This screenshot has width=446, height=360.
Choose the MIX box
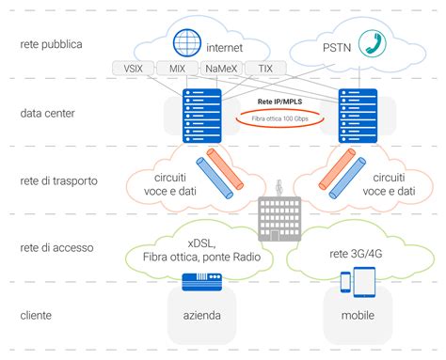(177, 68)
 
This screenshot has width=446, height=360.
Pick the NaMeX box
(222, 68)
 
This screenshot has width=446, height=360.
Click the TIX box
(266, 68)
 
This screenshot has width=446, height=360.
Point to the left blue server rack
(199, 115)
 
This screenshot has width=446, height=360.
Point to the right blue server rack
(358, 115)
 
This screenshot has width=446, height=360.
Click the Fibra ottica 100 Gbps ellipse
(278, 118)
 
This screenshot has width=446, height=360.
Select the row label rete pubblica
(56, 43)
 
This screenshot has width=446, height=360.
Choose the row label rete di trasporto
(60, 180)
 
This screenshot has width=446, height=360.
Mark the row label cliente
(39, 315)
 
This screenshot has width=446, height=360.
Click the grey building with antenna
(279, 216)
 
